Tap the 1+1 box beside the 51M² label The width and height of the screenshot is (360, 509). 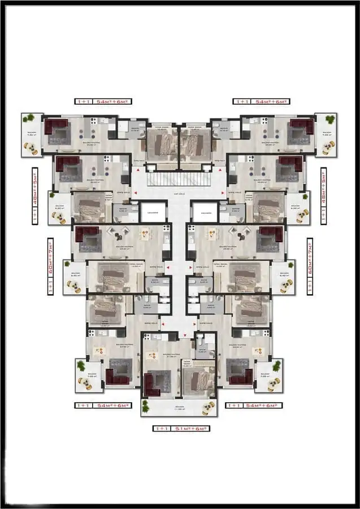click(x=162, y=429)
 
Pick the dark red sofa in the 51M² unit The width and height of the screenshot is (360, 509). click(x=152, y=385)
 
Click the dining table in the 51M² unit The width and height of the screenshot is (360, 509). click(x=153, y=356)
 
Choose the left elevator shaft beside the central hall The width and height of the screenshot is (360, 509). click(x=153, y=212)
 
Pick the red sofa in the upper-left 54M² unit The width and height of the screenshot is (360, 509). click(x=55, y=127)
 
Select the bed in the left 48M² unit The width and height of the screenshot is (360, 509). click(x=89, y=209)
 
